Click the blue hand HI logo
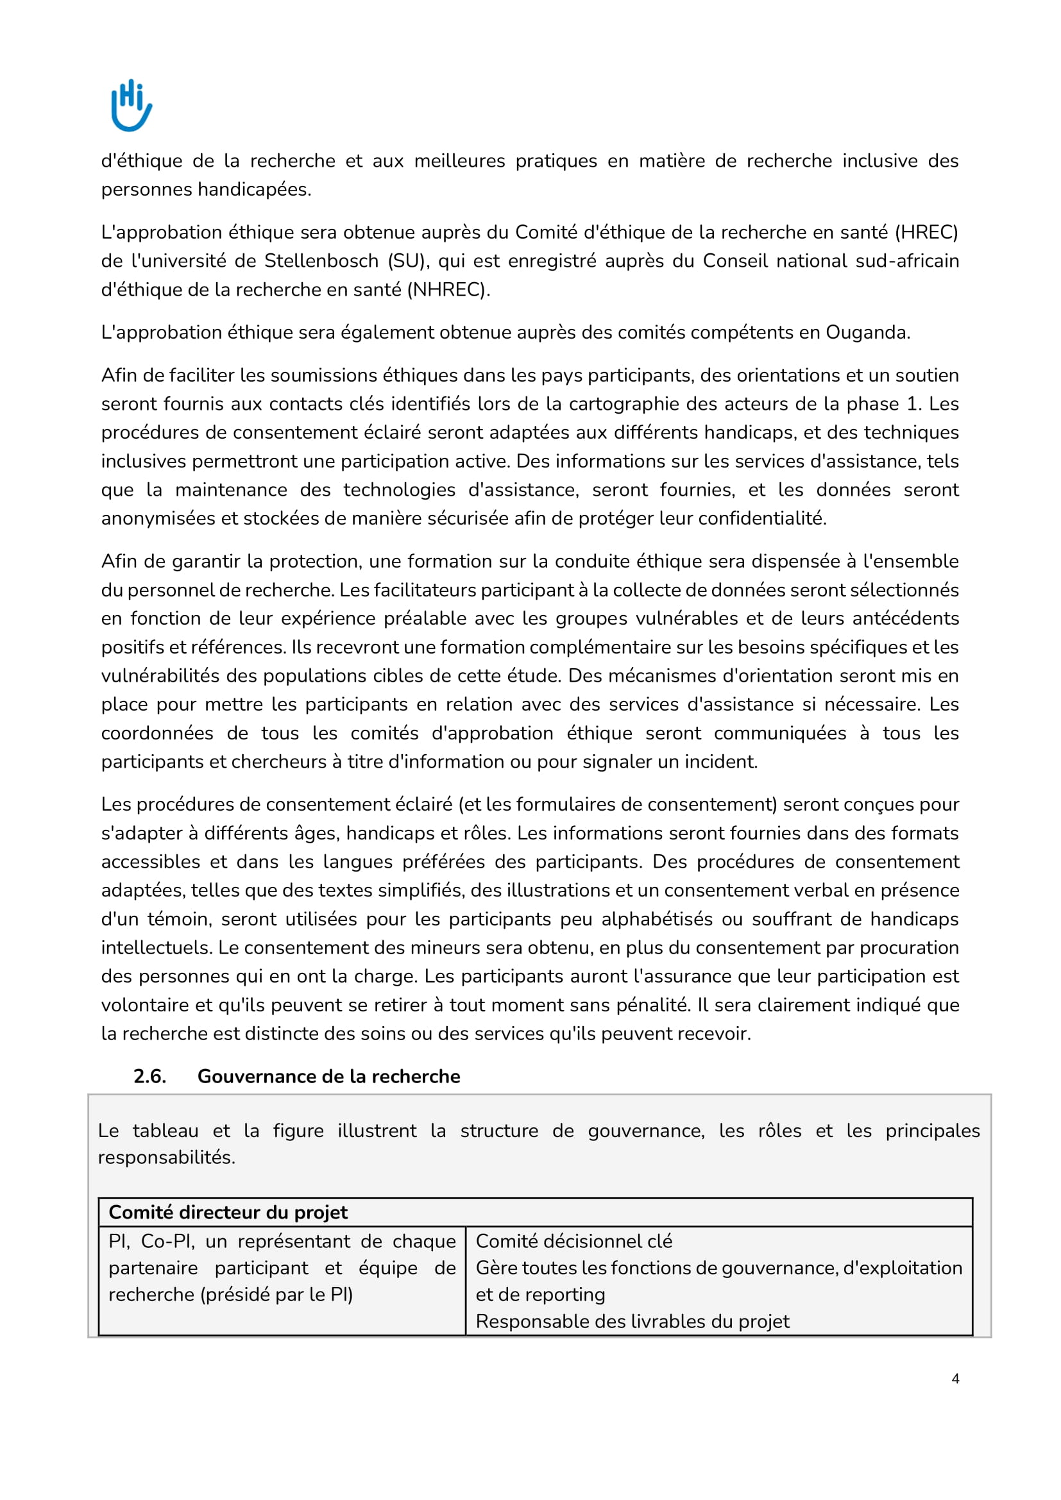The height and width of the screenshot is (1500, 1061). pos(132,105)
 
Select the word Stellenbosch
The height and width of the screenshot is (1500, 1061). pos(321,261)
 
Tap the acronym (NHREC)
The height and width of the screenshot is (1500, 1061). pos(448,289)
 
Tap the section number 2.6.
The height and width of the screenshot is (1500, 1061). pos(149,1077)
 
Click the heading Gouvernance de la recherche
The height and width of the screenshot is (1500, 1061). pos(328,1077)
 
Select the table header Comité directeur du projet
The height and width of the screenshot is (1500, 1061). pos(228,1213)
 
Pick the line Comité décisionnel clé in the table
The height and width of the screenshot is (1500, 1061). pos(573,1242)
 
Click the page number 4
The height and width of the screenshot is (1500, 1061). pos(955,1379)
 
